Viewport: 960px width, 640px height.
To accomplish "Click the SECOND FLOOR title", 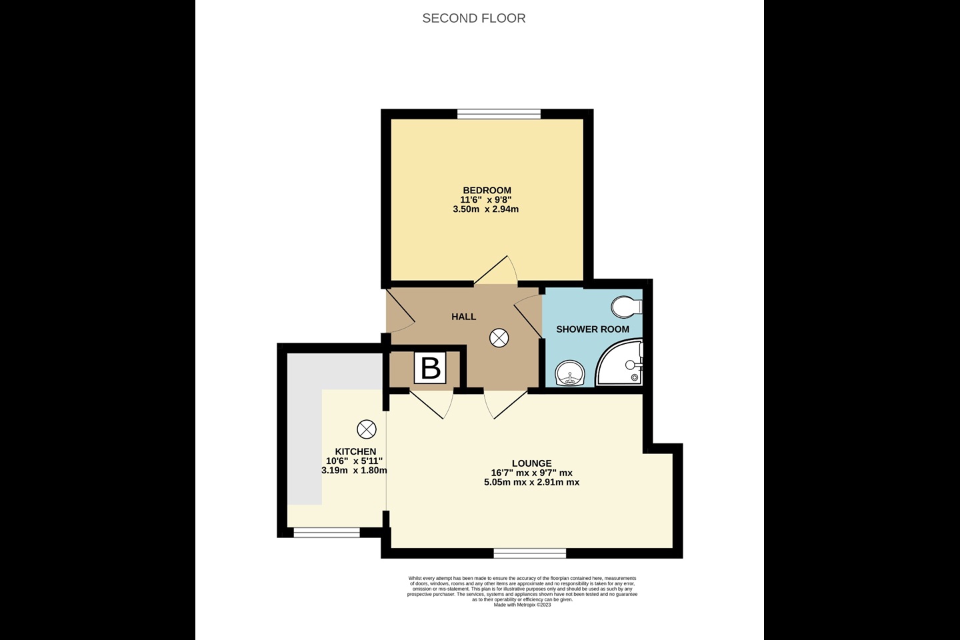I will pyautogui.click(x=473, y=18).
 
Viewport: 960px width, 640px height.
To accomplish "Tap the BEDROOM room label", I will pyautogui.click(x=487, y=191).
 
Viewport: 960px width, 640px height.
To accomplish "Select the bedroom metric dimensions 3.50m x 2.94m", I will pyautogui.click(x=485, y=209).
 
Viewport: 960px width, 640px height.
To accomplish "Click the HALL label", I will pyautogui.click(x=463, y=317).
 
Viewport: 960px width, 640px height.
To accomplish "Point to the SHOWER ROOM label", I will pyautogui.click(x=592, y=329).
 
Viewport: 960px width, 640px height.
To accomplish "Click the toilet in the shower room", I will pyautogui.click(x=626, y=307).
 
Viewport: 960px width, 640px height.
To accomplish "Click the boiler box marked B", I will pyautogui.click(x=431, y=368).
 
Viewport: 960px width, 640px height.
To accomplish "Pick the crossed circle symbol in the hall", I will pyautogui.click(x=499, y=339).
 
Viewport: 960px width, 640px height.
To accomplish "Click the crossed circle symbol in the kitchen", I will pyautogui.click(x=367, y=429).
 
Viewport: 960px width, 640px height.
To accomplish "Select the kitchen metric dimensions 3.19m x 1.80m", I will pyautogui.click(x=354, y=470).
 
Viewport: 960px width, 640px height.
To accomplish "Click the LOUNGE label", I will pyautogui.click(x=531, y=463).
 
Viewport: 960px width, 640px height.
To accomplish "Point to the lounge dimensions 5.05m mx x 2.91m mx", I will pyautogui.click(x=531, y=482).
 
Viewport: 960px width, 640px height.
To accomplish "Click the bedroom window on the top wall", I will pyautogui.click(x=499, y=114).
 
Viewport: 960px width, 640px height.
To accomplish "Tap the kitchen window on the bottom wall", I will pyautogui.click(x=327, y=532).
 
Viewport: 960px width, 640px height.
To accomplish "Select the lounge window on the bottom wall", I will pyautogui.click(x=530, y=553).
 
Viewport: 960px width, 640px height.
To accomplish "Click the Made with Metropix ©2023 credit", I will pyautogui.click(x=522, y=605).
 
